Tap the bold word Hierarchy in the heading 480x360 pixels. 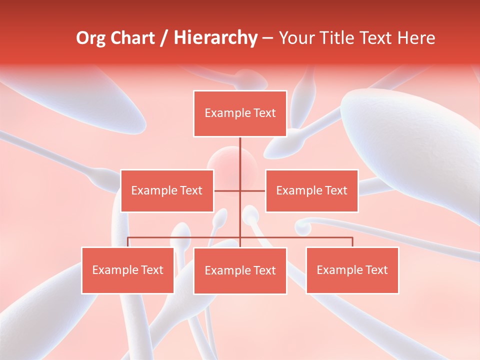[215, 38]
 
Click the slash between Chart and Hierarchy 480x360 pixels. [163, 38]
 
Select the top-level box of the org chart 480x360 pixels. [240, 113]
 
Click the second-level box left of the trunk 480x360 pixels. [167, 190]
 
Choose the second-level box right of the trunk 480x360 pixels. [311, 190]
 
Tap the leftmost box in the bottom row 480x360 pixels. [128, 270]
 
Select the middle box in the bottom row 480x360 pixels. [240, 270]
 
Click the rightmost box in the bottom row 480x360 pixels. [352, 270]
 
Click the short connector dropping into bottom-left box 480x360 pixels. [128, 242]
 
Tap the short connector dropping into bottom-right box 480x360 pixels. [352, 242]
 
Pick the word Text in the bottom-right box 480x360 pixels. [376, 270]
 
